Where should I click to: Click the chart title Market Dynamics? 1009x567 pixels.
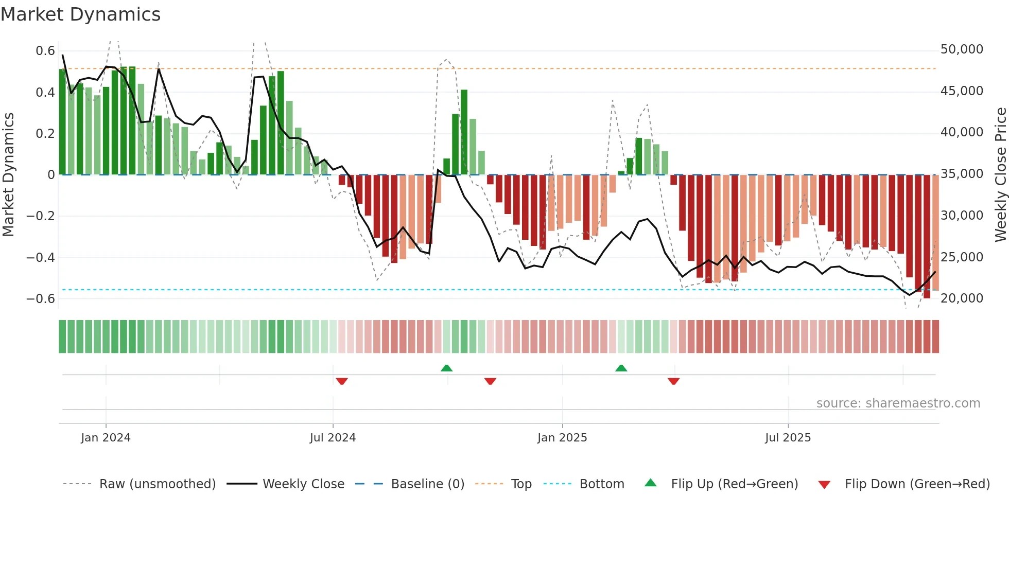[80, 14]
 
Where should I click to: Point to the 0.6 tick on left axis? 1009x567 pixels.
[45, 51]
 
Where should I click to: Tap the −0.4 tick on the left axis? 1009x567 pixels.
[41, 257]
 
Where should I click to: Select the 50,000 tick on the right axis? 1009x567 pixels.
[962, 49]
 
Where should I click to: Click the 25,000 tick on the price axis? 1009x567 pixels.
[962, 257]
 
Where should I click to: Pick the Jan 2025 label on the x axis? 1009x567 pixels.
[562, 438]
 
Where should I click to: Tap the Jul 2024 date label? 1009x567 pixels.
[333, 438]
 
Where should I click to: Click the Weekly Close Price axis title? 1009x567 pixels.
[1000, 175]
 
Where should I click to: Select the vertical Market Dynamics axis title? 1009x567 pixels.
[8, 175]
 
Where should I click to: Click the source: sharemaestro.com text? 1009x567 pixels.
[898, 403]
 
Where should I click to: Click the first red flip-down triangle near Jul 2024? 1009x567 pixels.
[342, 381]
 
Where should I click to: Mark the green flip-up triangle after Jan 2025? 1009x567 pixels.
[621, 368]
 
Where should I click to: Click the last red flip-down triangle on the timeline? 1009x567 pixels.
[673, 381]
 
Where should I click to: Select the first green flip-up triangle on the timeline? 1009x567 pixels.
[446, 368]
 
